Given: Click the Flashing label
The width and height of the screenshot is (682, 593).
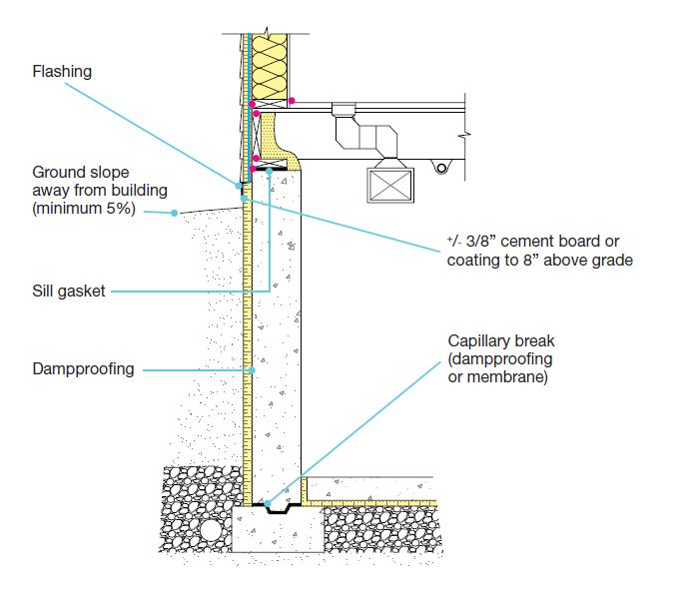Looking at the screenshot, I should pos(62,72).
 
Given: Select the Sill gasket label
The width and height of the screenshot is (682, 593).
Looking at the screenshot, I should pos(67,292).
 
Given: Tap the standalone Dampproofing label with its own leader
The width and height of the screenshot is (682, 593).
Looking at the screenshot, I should pos(83,369).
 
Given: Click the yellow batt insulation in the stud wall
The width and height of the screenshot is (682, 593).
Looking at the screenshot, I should pos(272,65).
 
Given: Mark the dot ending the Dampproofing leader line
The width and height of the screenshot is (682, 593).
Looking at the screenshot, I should pos(253,370).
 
